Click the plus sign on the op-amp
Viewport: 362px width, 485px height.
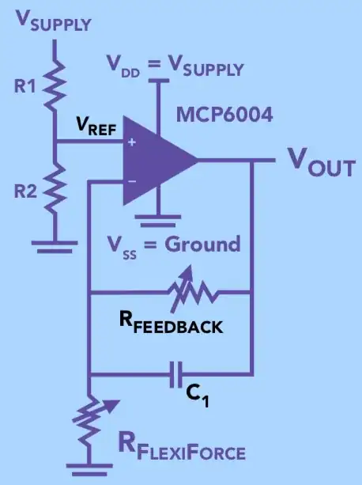tap(130, 143)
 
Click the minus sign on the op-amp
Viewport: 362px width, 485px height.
tap(130, 180)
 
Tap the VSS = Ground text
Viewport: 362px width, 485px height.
tap(175, 244)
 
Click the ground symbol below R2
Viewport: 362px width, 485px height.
tap(55, 246)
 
